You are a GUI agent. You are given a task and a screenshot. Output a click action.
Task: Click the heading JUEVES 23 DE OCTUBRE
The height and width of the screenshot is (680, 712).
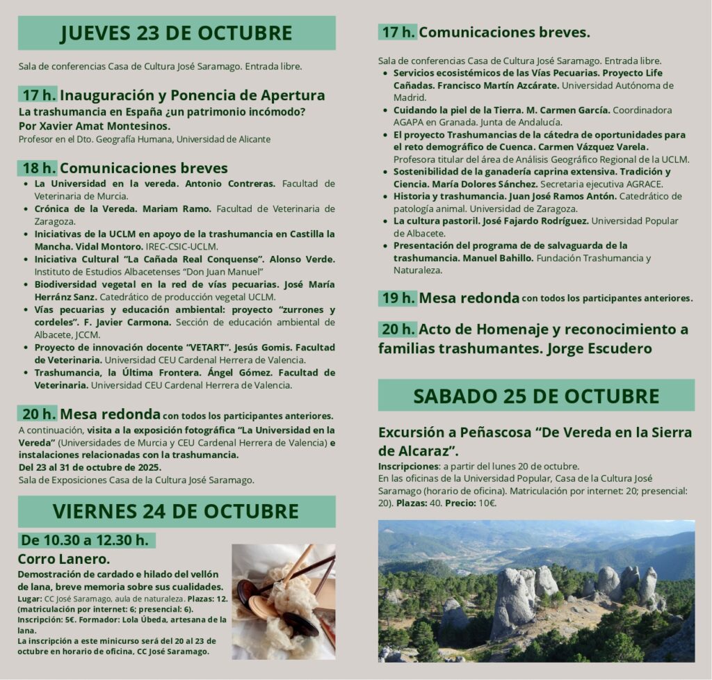(x=176, y=33)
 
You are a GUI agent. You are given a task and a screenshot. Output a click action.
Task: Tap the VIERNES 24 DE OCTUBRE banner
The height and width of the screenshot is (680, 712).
(x=176, y=512)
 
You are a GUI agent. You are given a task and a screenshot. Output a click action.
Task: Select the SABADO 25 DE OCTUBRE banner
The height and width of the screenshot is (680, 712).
(x=536, y=396)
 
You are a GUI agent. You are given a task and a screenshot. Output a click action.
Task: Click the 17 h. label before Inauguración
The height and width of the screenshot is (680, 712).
(x=38, y=95)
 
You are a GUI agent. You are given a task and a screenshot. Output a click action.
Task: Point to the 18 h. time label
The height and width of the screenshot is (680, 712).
(x=38, y=168)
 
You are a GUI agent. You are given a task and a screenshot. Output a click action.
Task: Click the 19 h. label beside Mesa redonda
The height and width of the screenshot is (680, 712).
(x=398, y=298)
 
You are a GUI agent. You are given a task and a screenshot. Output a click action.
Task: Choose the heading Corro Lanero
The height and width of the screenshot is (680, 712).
(x=63, y=559)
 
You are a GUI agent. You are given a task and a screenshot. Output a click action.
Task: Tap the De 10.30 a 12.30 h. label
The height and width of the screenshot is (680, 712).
(x=85, y=540)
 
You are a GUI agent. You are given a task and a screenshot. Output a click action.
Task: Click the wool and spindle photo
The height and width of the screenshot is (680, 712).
(x=283, y=601)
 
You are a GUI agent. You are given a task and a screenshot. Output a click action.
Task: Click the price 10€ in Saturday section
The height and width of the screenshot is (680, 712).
(x=487, y=503)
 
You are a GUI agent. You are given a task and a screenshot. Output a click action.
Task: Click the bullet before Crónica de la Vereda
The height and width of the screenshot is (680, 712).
(x=26, y=209)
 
